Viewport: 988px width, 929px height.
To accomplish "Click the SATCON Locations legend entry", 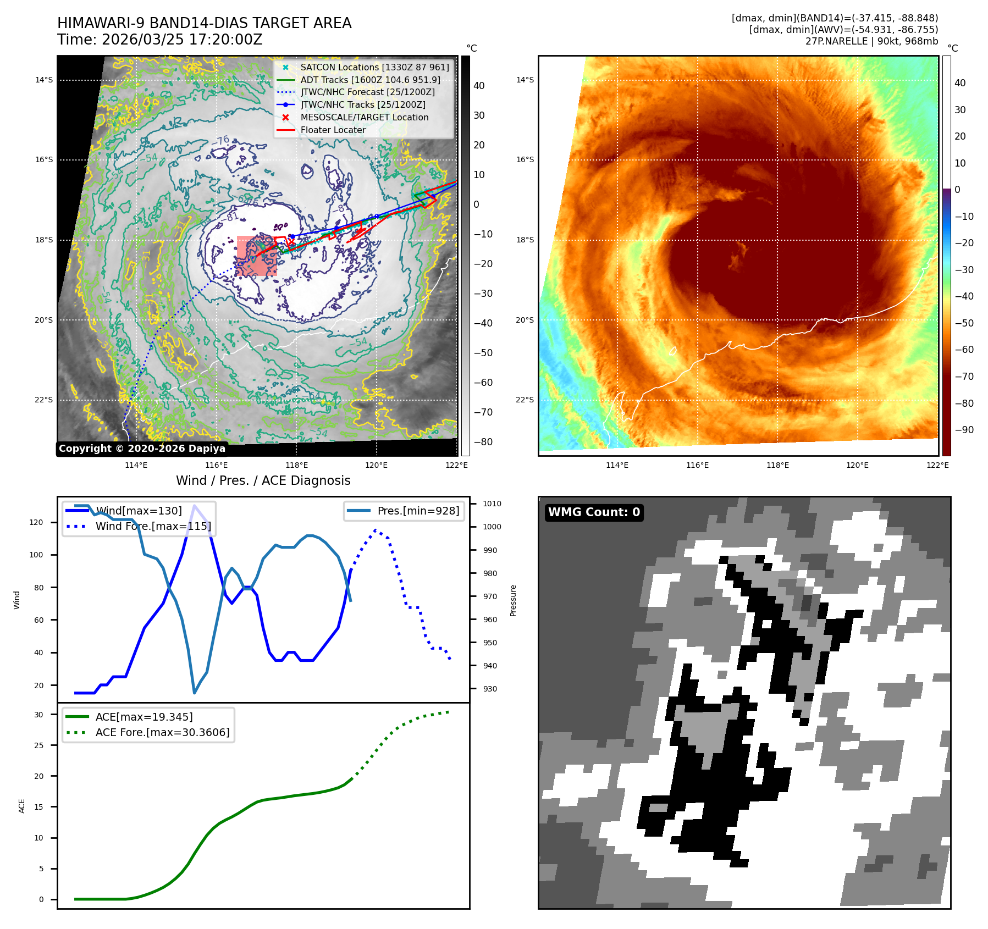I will point(374,67).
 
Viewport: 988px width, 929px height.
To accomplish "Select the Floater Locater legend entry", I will point(333,130).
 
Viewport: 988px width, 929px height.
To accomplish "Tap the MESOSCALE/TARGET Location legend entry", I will point(364,117).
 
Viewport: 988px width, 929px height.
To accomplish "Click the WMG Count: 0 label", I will point(594,512).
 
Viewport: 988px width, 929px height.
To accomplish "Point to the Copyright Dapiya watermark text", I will point(142,449).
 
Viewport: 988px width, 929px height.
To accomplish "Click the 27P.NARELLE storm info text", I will point(871,41).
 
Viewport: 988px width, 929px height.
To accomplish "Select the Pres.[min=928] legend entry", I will point(418,511).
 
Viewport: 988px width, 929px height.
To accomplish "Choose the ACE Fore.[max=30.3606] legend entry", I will point(162,732).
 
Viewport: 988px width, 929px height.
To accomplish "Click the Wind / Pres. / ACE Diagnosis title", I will point(263,480).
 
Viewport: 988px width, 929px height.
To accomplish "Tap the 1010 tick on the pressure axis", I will point(492,504).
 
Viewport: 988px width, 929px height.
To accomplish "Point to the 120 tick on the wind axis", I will point(36,522).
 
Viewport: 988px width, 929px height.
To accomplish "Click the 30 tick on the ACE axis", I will point(38,715).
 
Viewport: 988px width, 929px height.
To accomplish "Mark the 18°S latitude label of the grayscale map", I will point(44,240).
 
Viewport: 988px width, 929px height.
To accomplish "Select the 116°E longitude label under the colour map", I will point(697,465).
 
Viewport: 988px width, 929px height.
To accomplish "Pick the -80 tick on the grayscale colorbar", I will point(483,442).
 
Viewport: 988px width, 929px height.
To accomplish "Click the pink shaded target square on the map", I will point(257,256).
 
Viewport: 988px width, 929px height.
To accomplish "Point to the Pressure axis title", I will point(513,600).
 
